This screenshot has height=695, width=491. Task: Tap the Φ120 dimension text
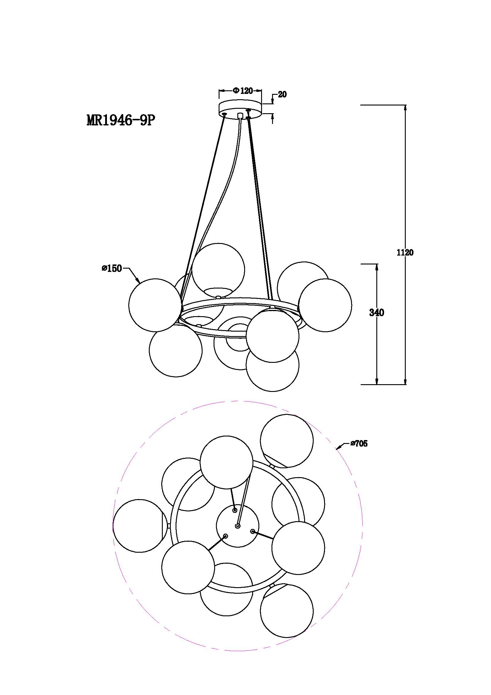click(x=243, y=91)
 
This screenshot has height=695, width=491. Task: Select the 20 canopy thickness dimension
click(x=282, y=94)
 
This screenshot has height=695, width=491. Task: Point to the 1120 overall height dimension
click(x=405, y=253)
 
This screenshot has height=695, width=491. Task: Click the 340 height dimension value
click(x=377, y=313)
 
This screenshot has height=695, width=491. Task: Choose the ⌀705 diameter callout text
click(x=359, y=444)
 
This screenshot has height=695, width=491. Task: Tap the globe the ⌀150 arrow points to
click(x=155, y=305)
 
